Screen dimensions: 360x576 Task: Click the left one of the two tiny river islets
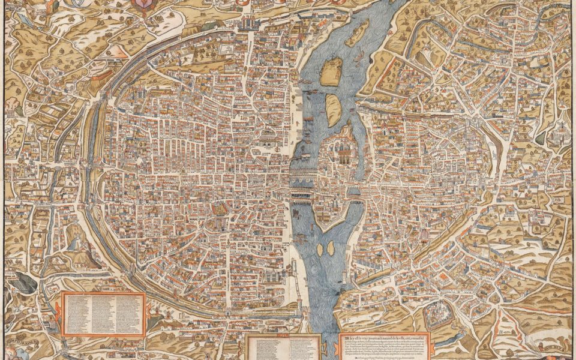tap(320, 248)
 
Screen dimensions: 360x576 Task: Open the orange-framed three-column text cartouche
tap(104, 313)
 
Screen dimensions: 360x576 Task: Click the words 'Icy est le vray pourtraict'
tap(384, 337)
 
